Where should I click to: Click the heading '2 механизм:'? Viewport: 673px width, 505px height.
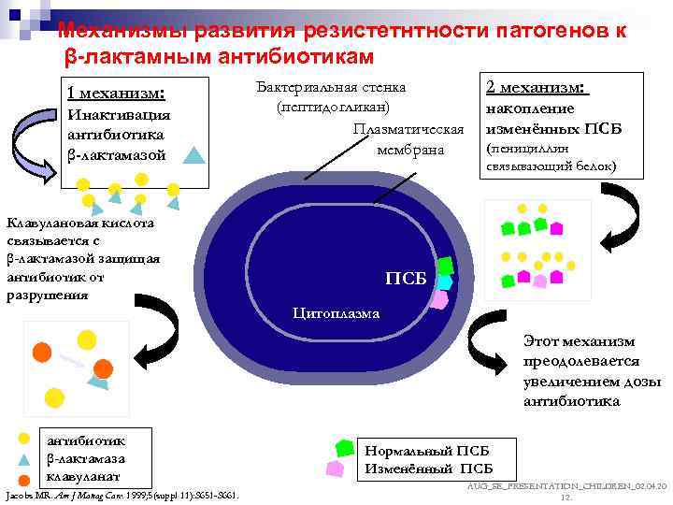click(x=537, y=87)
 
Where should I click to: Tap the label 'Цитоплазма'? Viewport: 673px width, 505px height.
click(x=336, y=313)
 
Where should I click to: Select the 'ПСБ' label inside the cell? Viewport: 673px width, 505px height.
click(x=406, y=279)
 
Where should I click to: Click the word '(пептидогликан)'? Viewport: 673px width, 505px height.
click(x=332, y=108)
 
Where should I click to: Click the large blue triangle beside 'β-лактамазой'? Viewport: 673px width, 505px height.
click(x=193, y=155)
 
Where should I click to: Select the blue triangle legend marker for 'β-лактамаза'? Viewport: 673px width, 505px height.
click(x=26, y=459)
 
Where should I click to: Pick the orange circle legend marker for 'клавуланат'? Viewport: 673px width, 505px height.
click(x=26, y=478)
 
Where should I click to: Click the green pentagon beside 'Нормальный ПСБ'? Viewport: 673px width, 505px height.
click(x=345, y=448)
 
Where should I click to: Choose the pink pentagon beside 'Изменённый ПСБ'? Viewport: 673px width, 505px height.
click(x=334, y=468)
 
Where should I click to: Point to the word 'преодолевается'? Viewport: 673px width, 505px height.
click(x=581, y=362)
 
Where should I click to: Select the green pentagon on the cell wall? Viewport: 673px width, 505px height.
click(x=446, y=266)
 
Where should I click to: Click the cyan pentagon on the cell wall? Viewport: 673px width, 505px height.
click(x=445, y=281)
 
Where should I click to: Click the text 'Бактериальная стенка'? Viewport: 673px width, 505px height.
click(x=330, y=88)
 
